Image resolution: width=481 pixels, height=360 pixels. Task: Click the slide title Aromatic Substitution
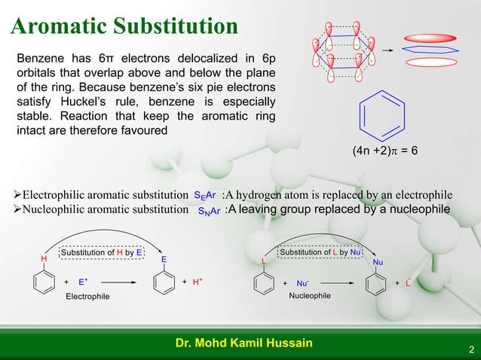[x=124, y=26]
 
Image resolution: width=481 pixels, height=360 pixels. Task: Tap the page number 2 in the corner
[x=471, y=349]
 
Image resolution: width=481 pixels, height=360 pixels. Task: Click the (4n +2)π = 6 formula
[x=384, y=151]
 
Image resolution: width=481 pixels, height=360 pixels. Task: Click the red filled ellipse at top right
[x=428, y=37]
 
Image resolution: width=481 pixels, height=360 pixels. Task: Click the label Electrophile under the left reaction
[x=87, y=296]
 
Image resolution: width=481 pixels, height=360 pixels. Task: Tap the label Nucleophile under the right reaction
[x=310, y=296]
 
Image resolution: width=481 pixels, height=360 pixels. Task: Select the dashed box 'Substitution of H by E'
[x=102, y=252]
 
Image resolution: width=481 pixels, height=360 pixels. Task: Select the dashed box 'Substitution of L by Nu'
[x=320, y=252]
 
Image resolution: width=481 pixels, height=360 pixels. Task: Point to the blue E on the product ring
[x=164, y=259]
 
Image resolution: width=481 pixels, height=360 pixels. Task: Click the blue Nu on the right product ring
[x=378, y=262]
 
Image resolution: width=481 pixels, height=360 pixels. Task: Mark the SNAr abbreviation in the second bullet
[x=204, y=210]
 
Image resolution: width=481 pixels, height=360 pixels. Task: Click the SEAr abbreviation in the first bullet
[x=205, y=196]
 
